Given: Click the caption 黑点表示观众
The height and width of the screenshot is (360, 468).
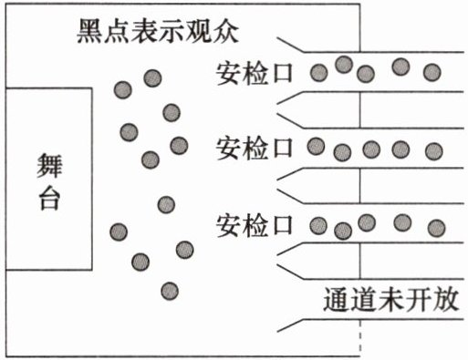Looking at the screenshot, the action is point(158,31).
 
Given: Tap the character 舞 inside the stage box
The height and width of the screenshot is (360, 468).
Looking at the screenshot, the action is point(49,166).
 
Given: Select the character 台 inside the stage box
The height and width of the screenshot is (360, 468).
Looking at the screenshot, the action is point(49,198).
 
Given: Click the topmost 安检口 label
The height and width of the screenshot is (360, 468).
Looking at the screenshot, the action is point(255,74).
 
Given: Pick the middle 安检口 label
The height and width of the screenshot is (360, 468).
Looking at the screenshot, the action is point(255,149).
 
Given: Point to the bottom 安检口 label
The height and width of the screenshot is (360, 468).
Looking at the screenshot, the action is point(255,225).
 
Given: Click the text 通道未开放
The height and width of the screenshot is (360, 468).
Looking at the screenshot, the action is point(390,299).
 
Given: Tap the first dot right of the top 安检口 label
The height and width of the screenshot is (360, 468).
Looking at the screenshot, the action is point(318,73).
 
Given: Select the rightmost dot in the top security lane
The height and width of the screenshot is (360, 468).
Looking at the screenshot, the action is point(432,72).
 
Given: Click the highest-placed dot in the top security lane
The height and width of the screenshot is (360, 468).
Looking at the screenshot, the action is point(344,65).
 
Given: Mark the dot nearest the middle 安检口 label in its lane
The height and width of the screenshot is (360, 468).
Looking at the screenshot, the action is point(316,146).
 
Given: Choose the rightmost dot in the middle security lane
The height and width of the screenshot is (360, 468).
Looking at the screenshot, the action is point(434,151).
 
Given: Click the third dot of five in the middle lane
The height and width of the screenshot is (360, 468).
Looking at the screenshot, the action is point(371,149).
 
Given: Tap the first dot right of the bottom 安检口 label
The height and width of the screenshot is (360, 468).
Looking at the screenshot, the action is point(318,226).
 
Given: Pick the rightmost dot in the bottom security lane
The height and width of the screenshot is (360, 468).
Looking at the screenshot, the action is point(437,228).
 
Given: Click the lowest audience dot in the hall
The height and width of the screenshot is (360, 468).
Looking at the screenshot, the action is point(170,291).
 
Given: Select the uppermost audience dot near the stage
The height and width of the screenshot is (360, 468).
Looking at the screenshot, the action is point(152,78).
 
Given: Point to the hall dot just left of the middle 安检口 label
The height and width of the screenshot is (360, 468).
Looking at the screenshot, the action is point(179,146).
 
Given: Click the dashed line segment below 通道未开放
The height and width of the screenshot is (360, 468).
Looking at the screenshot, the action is point(360,337).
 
